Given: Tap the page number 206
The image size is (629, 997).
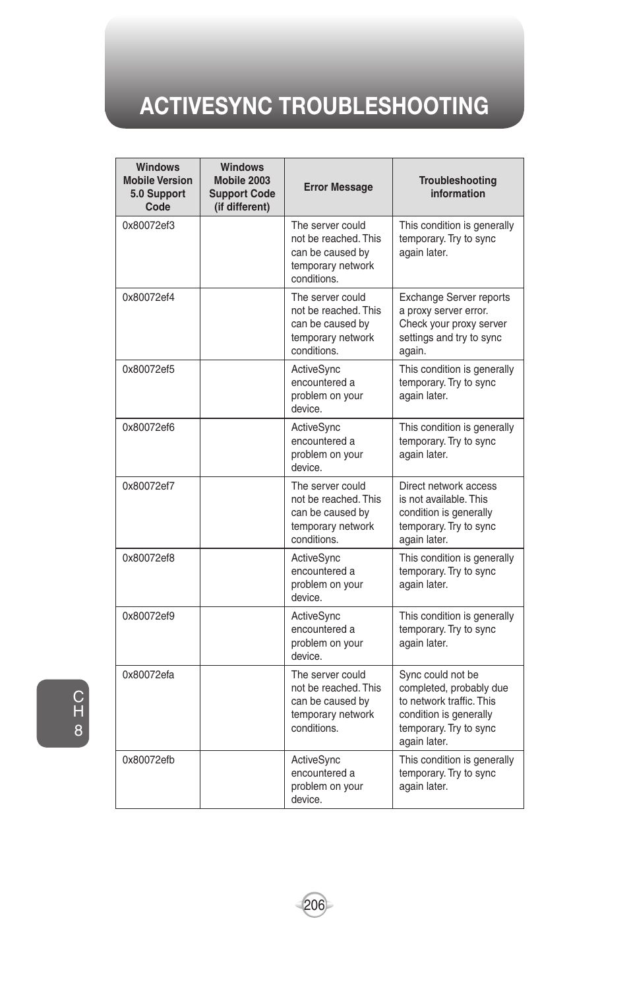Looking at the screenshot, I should pyautogui.click(x=314, y=905).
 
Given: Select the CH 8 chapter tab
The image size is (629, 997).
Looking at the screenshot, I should pyautogui.click(x=63, y=713).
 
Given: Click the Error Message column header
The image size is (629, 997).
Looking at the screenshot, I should pyautogui.click(x=338, y=187).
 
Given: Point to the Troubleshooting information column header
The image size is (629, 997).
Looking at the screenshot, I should pyautogui.click(x=458, y=187).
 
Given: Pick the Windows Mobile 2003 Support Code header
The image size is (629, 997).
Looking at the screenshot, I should pyautogui.click(x=242, y=187).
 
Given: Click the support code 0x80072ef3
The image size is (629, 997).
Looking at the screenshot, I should pyautogui.click(x=149, y=226).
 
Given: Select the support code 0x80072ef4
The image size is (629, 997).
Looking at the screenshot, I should pyautogui.click(x=149, y=298).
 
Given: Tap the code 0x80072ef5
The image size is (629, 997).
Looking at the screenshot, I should pyautogui.click(x=149, y=370).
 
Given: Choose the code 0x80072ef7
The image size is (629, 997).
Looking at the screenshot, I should pyautogui.click(x=149, y=486).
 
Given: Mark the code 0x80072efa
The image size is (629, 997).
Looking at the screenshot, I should pyautogui.click(x=149, y=675).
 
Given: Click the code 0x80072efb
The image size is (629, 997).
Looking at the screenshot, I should pyautogui.click(x=149, y=760).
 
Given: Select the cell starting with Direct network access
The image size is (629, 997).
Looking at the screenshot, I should pyautogui.click(x=448, y=513).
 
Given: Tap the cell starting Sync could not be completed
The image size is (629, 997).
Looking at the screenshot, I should pyautogui.click(x=453, y=707).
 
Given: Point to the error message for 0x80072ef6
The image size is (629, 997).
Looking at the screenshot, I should pyautogui.click(x=327, y=447).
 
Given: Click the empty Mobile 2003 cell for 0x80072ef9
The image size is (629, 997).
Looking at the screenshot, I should pyautogui.click(x=242, y=636).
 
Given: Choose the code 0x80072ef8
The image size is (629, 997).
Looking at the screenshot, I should pyautogui.click(x=149, y=558).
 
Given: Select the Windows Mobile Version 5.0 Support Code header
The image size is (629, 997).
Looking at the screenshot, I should pyautogui.click(x=158, y=187).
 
